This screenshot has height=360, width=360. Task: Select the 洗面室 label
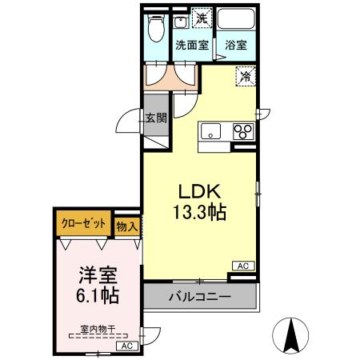point(192,46)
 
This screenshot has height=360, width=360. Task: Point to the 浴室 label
point(235,46)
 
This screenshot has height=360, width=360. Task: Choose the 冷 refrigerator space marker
point(243,77)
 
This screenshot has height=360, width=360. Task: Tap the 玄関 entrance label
point(156,118)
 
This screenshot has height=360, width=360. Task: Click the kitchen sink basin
point(212,131)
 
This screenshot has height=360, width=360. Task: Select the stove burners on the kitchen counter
point(242,131)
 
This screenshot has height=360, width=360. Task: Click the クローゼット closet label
point(83,225)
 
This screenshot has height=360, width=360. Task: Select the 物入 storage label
point(126,226)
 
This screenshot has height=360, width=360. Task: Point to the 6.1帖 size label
point(98,296)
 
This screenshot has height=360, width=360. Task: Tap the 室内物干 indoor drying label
point(97,328)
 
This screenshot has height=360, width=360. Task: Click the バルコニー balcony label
point(200,297)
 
